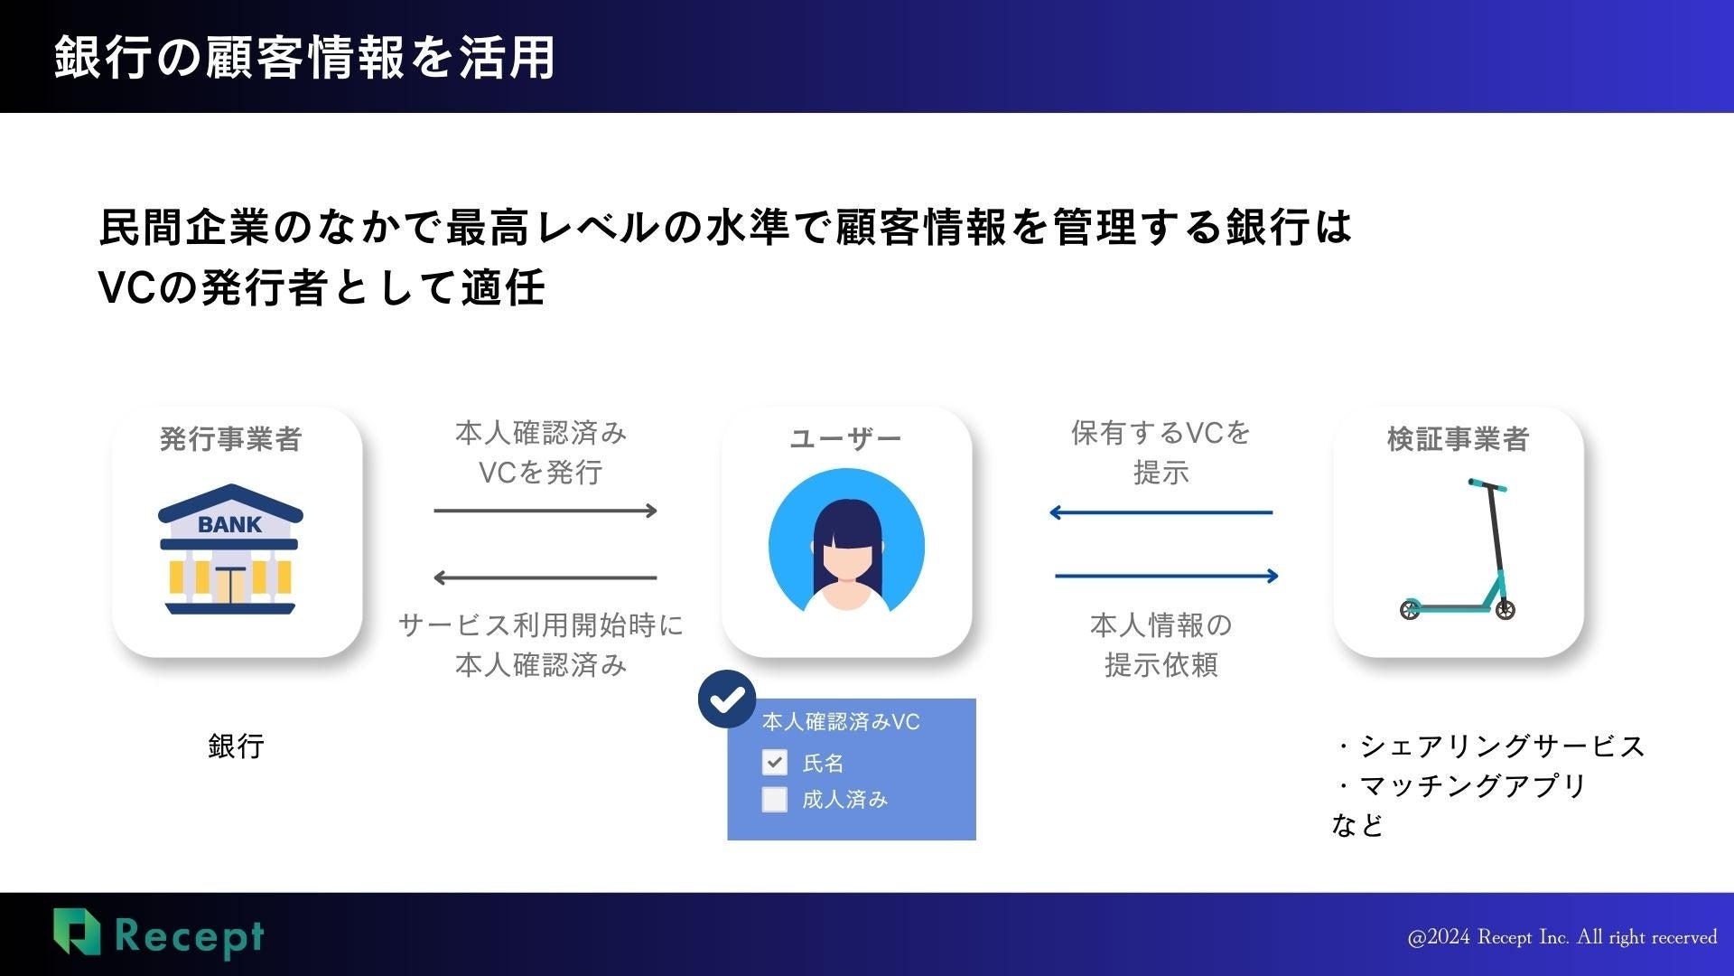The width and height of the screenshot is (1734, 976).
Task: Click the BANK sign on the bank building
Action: pos(229,524)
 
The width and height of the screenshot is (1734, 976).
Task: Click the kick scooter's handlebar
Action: pos(1487,486)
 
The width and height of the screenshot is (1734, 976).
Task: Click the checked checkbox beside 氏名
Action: pos(775,762)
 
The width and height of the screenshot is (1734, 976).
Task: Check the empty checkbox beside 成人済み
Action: pos(775,800)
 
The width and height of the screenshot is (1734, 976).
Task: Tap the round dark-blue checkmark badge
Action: pos(727,699)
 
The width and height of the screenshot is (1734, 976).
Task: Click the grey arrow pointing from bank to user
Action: pos(545,511)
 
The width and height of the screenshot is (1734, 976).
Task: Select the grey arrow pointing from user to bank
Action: pos(545,577)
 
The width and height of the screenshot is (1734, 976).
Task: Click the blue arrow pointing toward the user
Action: pos(1161,512)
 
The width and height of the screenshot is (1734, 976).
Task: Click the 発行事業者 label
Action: pos(230,439)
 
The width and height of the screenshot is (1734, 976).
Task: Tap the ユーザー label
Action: pos(845,439)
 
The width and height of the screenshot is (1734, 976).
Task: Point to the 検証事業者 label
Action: pos(1458,439)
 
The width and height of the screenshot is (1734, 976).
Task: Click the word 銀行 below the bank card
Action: pos(236,746)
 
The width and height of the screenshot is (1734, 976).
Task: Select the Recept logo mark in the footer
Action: pos(76,932)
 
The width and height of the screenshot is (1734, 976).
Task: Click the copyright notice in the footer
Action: pos(1562,937)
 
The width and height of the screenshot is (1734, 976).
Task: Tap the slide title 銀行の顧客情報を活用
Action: pos(304,57)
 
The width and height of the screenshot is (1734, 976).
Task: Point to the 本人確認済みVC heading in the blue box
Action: pos(841,721)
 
